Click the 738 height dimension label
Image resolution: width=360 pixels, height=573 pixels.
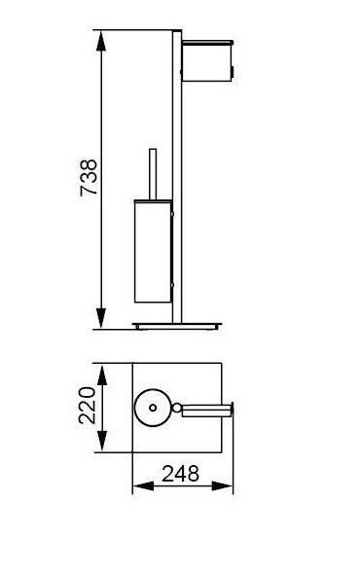pos(89,177)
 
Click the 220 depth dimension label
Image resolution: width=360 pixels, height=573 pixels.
pos(88,406)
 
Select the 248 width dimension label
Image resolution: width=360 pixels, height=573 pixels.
pos(181,474)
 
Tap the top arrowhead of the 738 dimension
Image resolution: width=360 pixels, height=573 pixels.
pos(101,41)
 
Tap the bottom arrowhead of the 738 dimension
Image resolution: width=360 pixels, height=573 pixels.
pos(101,318)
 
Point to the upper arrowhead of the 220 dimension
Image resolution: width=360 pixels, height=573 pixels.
pos(102,375)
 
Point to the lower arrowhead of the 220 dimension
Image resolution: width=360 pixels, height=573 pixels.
pos(102,442)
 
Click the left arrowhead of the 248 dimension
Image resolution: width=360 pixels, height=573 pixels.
pos(143,486)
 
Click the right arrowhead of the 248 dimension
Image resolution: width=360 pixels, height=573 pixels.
pos(222,486)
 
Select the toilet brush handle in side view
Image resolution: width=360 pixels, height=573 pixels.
pos(153,174)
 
